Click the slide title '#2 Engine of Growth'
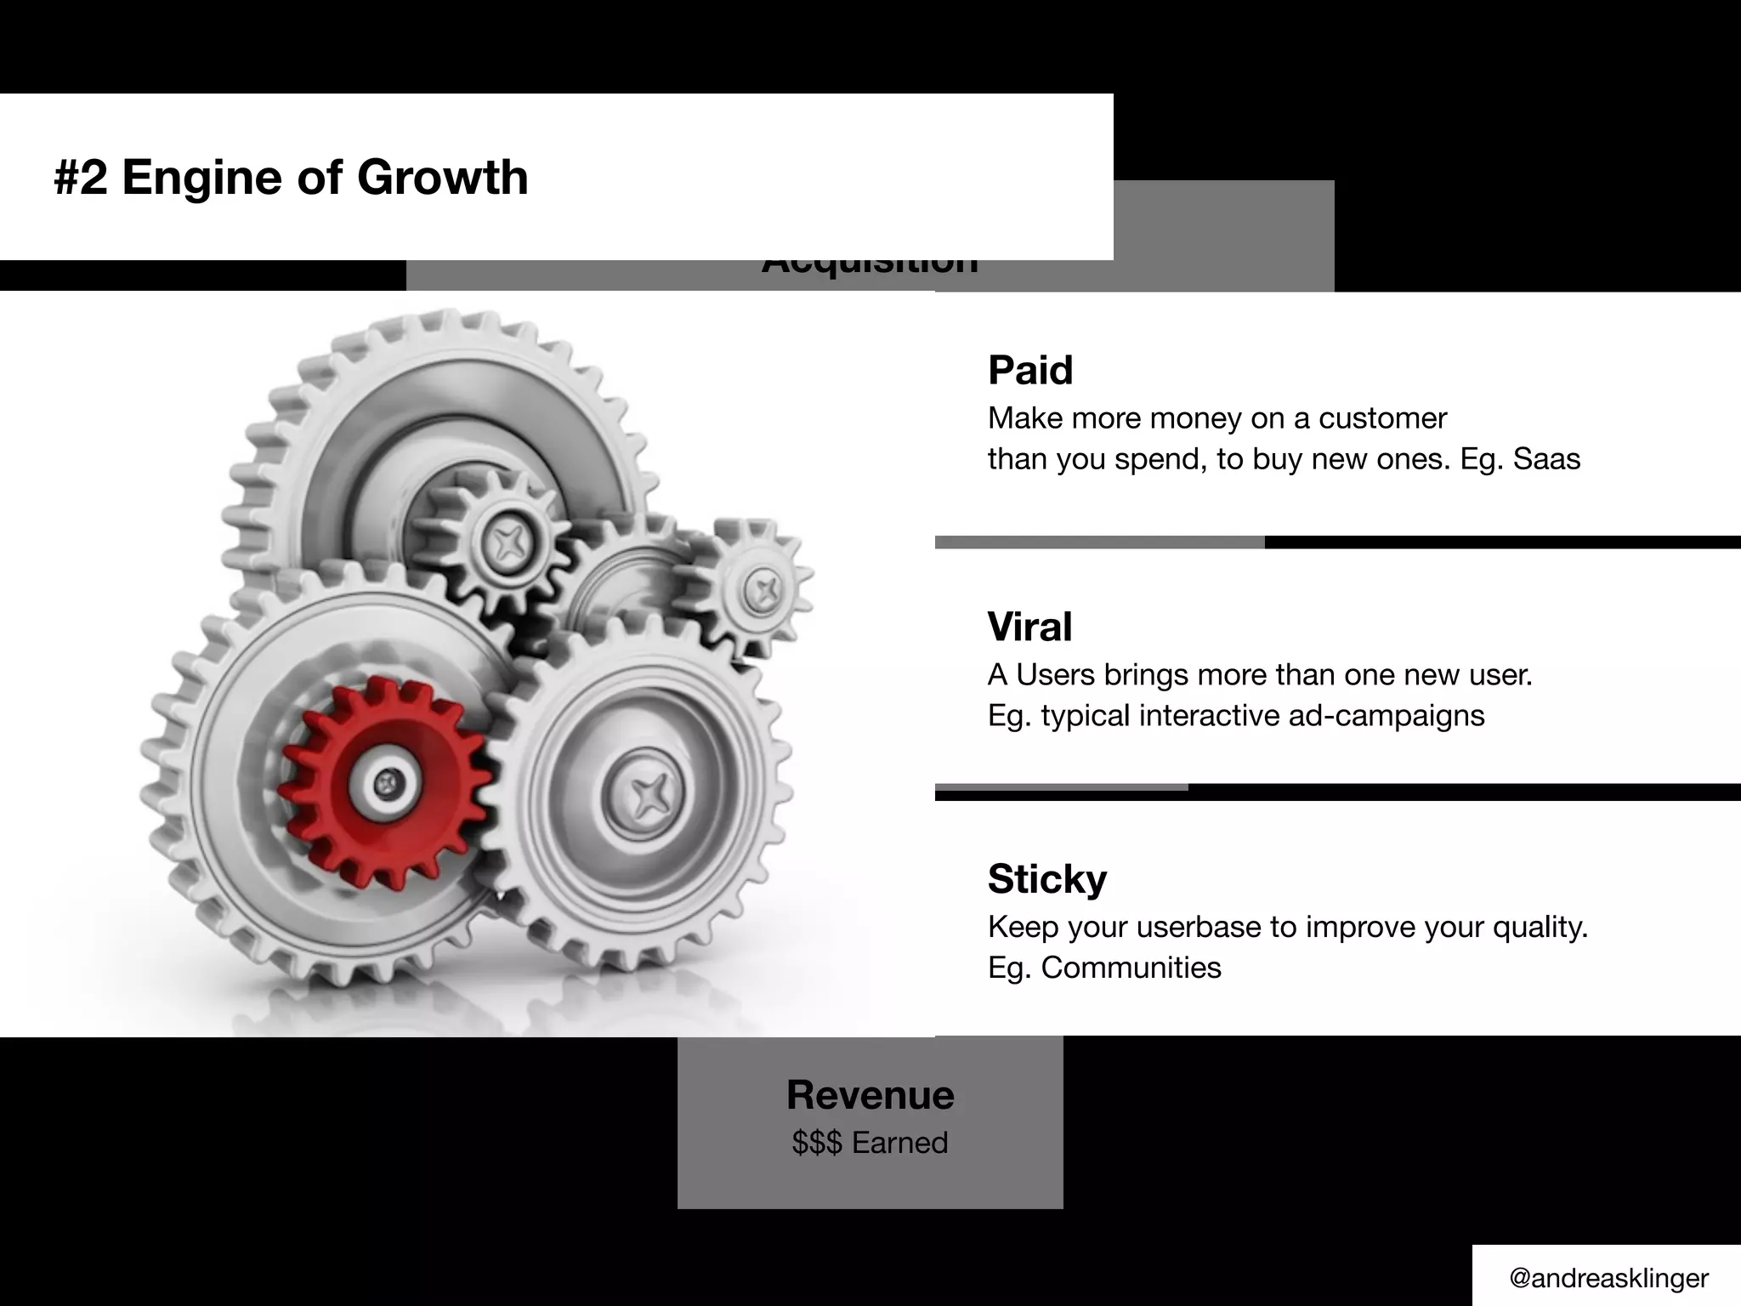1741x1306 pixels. point(291,178)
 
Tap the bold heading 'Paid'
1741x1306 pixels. point(1029,371)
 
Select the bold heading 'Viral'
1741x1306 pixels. point(1029,627)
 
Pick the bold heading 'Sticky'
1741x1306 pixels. point(1046,879)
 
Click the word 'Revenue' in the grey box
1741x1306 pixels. point(870,1095)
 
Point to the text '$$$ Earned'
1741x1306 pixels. point(870,1143)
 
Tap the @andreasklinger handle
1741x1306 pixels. point(1608,1278)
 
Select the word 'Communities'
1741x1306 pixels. point(1131,968)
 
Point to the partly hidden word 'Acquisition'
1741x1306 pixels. point(870,266)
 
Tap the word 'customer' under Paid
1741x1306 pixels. point(1382,418)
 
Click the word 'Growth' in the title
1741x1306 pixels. point(442,178)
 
